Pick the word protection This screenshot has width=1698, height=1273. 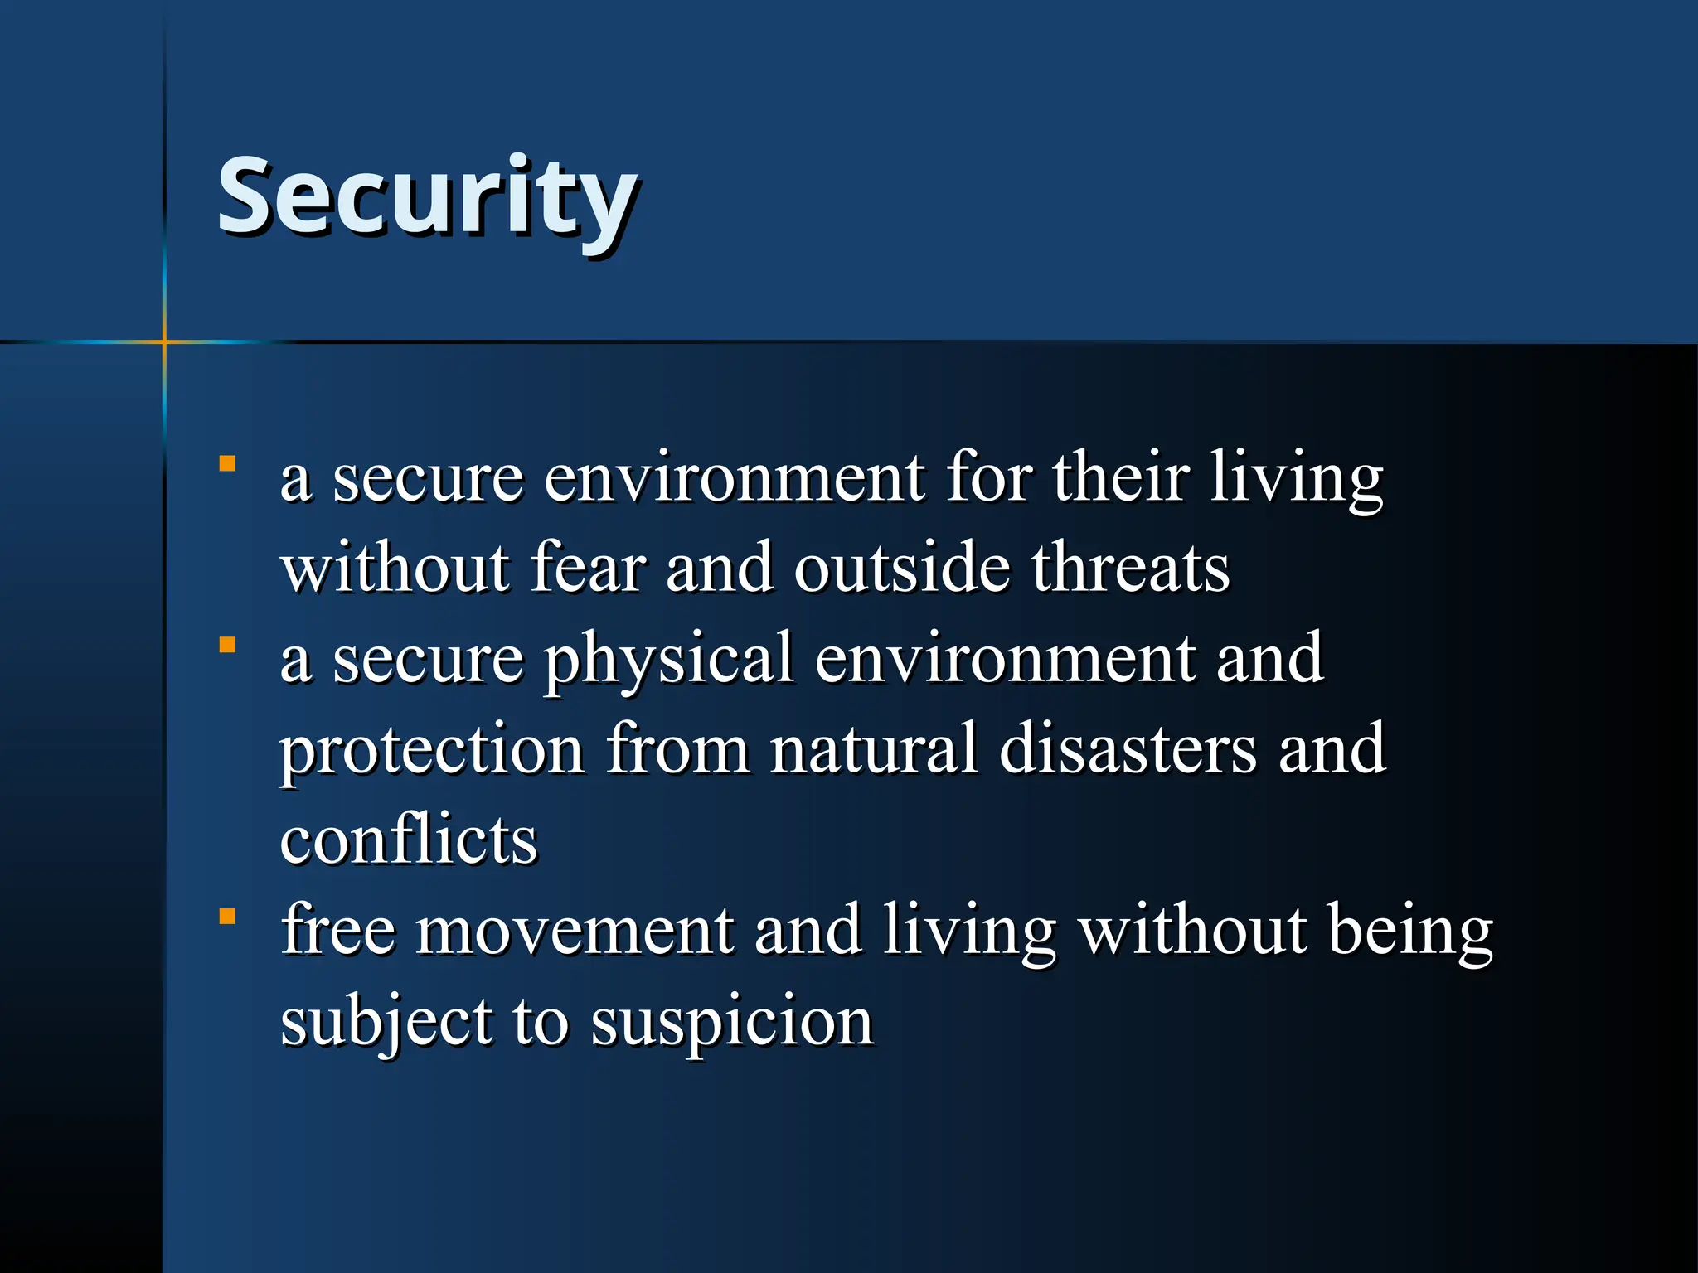[432, 751]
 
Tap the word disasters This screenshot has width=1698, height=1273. [1128, 749]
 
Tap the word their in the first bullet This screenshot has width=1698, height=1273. [1121, 478]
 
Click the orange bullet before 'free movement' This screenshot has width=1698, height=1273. [227, 917]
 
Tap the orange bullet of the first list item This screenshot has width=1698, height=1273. [227, 463]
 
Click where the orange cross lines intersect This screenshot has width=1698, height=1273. [164, 341]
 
